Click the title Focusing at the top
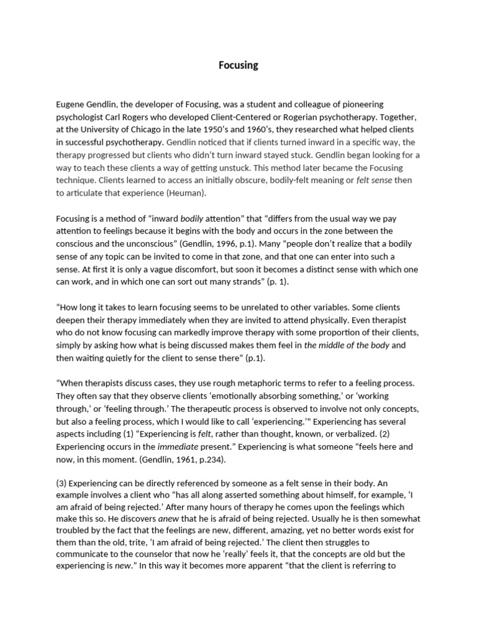238,65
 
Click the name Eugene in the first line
73,104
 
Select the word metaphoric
235,384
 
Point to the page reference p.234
205,459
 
